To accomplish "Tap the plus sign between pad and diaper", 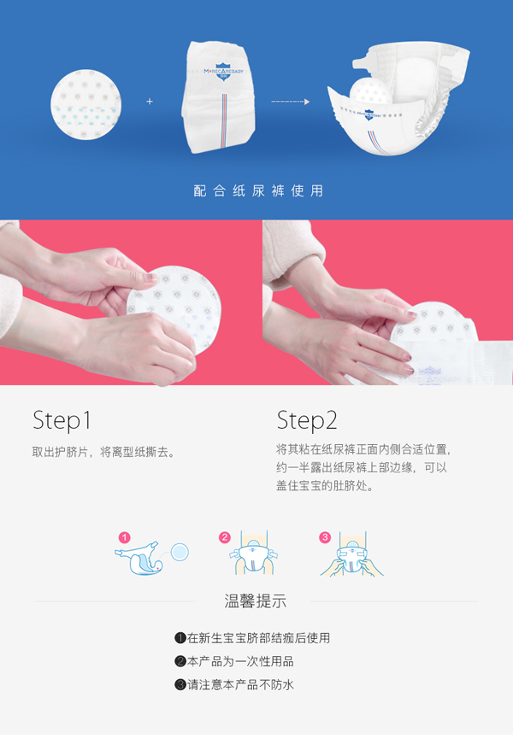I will coord(150,102).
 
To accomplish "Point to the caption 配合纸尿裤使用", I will coord(258,190).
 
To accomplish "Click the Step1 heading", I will coord(62,420).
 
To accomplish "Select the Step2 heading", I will coord(307,420).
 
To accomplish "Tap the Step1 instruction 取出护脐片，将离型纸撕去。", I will coord(103,452).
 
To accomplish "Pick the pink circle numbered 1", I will coord(125,537).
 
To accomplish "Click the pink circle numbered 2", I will coord(225,537).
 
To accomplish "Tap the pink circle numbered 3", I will coord(325,537).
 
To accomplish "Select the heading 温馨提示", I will coord(256,600).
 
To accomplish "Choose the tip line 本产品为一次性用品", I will coord(240,661).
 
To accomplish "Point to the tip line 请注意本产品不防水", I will coord(240,684).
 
